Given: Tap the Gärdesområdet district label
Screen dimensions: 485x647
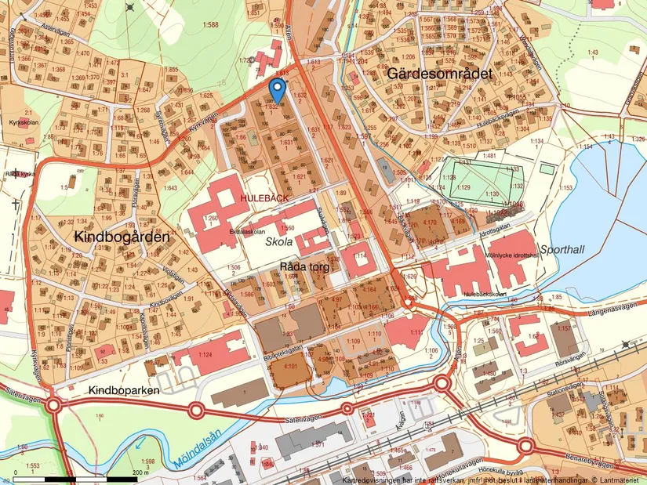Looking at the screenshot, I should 438,73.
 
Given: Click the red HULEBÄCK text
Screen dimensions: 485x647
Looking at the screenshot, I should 264,200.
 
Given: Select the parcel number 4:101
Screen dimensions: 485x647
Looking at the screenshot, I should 289,366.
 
